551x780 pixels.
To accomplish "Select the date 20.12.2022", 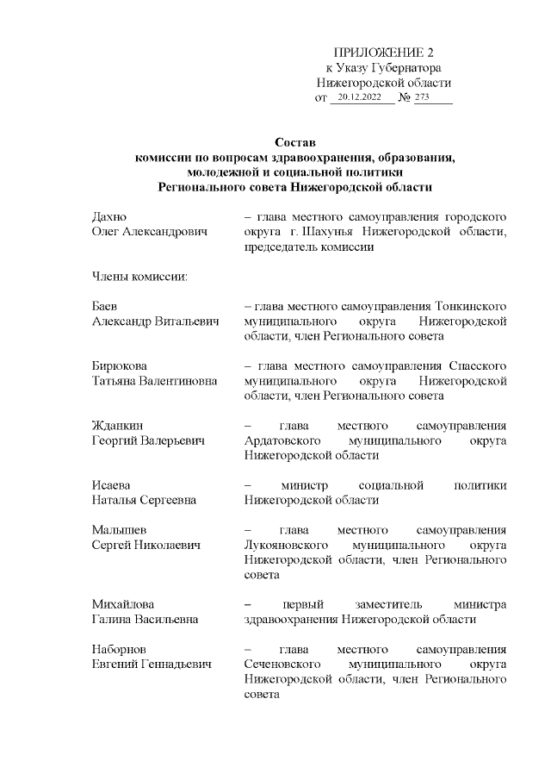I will coord(360,97).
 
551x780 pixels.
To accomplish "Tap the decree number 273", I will coord(422,97).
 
